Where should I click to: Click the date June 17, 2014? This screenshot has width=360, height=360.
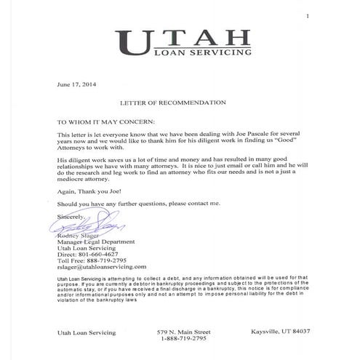tap(73, 84)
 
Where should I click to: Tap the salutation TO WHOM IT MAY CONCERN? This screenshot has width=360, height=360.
tap(105, 121)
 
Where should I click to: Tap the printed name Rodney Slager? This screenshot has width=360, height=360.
tap(77, 236)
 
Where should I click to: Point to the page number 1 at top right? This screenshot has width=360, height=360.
tap(308, 15)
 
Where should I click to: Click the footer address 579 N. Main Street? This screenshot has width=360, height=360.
tap(181, 332)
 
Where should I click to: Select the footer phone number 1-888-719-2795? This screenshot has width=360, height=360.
tap(181, 338)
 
